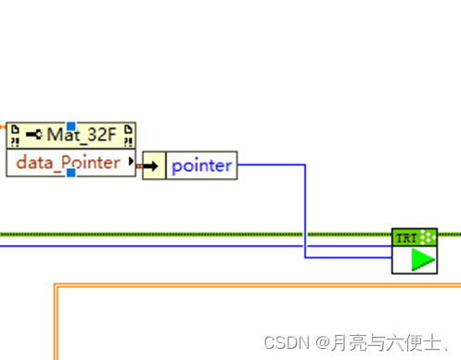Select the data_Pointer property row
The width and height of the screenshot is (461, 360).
tap(69, 163)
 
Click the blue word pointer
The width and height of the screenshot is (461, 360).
tap(201, 168)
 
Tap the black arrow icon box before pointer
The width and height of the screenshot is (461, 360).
tap(154, 168)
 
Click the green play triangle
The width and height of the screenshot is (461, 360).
tap(423, 260)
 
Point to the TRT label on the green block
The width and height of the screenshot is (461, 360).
tap(406, 237)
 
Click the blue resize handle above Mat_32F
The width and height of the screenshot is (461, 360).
tap(70, 123)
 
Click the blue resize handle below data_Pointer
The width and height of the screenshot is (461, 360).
tap(70, 175)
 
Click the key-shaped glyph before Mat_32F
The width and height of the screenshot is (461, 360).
tap(34, 135)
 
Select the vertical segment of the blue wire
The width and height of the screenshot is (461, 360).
tap(305, 209)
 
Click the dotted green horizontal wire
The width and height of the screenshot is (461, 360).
tap(186, 235)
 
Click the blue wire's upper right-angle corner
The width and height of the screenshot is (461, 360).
tap(305, 165)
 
